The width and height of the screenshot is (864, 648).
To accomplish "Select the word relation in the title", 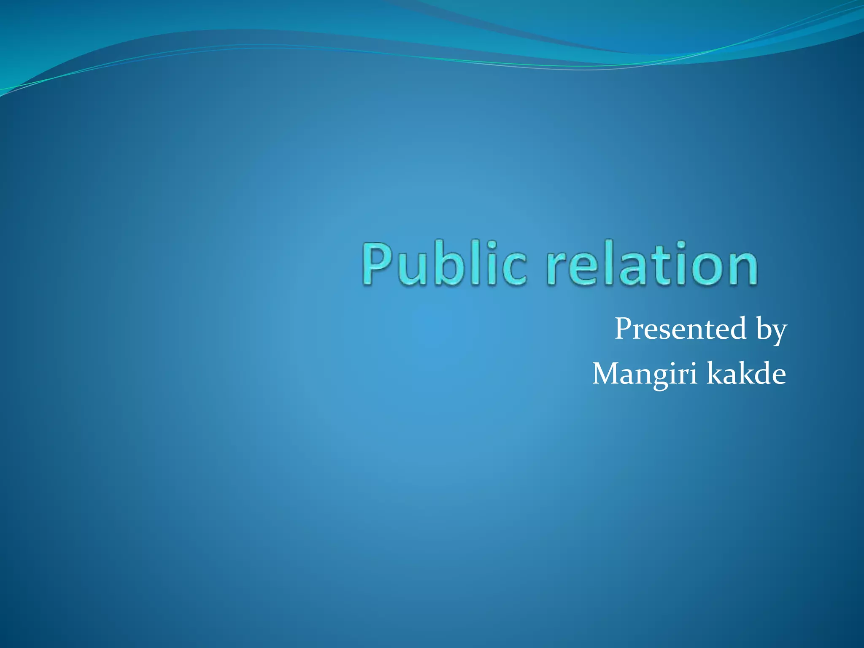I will click(652, 264).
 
